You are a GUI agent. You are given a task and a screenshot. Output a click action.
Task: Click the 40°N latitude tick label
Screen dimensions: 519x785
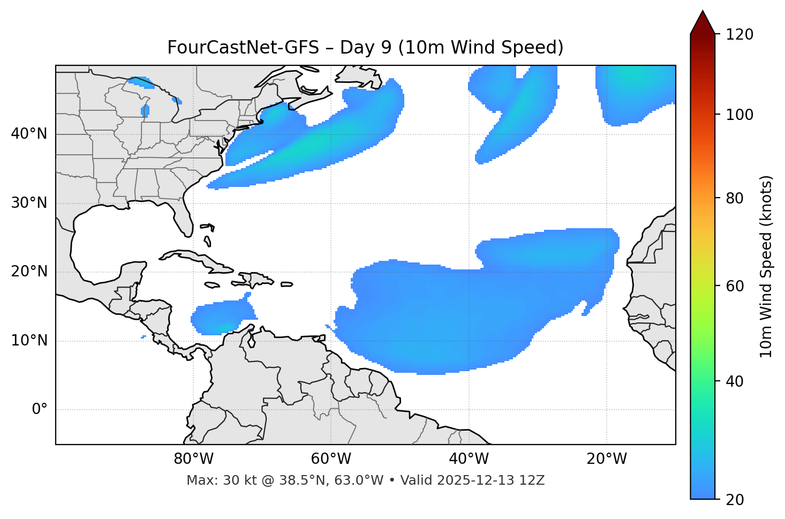click(x=29, y=134)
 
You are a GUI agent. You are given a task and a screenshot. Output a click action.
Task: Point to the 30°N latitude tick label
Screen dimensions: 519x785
click(x=29, y=203)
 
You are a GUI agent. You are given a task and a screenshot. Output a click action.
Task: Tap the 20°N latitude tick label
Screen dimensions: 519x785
click(x=29, y=272)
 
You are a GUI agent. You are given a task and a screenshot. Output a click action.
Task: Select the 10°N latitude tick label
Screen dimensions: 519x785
click(x=29, y=341)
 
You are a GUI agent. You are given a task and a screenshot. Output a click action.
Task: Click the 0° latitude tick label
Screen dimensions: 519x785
click(x=40, y=410)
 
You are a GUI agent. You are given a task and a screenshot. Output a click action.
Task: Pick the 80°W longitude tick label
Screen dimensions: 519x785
click(x=193, y=459)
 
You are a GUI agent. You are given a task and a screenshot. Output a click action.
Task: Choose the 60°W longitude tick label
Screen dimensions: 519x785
click(x=331, y=459)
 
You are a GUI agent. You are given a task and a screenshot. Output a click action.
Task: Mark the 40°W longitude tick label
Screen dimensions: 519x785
click(x=469, y=459)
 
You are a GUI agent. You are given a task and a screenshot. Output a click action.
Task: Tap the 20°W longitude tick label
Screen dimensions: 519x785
click(x=607, y=459)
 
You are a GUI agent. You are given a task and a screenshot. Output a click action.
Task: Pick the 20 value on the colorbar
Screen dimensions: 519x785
click(x=734, y=500)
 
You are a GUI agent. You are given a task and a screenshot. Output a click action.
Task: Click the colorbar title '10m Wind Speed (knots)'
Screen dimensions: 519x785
click(x=766, y=266)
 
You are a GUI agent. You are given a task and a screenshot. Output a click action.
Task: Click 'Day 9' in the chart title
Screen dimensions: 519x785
click(x=364, y=48)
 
